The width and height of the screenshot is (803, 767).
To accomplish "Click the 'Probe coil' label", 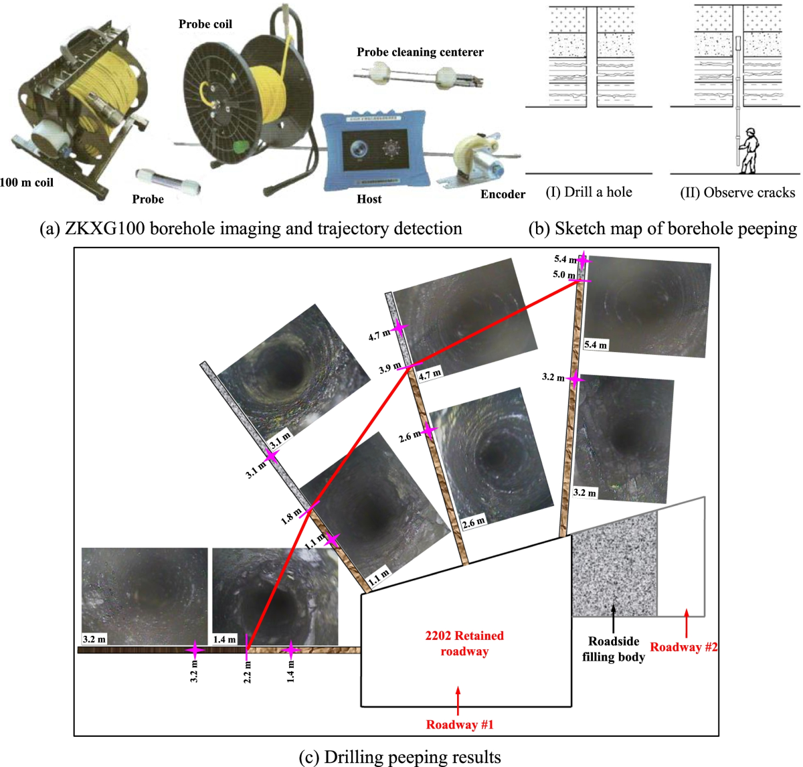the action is click(x=205, y=24).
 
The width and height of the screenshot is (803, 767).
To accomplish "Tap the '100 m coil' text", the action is click(x=27, y=183).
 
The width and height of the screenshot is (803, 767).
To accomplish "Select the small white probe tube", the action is click(x=168, y=181).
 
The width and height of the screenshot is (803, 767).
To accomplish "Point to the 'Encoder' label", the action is click(x=503, y=194).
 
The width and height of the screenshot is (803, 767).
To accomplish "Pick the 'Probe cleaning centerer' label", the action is click(x=420, y=52).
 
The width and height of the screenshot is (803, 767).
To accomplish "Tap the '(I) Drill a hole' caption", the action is click(x=589, y=192).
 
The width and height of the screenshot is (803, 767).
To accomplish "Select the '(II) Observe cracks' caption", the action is click(x=737, y=193).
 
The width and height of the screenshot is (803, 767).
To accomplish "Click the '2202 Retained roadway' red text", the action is click(x=464, y=643).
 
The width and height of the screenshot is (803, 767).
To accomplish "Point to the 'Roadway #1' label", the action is click(x=460, y=724).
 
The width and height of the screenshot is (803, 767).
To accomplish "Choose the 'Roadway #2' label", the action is click(x=684, y=647).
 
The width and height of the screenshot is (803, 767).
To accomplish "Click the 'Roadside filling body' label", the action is click(x=614, y=649).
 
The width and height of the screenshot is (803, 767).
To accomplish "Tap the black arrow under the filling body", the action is click(x=614, y=619).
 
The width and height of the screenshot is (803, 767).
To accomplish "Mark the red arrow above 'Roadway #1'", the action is click(x=458, y=701).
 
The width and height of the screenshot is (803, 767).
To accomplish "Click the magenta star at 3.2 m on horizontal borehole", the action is click(x=195, y=650).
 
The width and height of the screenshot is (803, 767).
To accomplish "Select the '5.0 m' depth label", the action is click(x=564, y=274).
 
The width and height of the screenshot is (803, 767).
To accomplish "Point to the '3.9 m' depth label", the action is click(x=390, y=368).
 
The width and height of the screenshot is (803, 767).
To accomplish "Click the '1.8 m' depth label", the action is click(x=291, y=517).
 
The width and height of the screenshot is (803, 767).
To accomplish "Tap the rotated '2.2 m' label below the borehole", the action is click(x=247, y=672).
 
